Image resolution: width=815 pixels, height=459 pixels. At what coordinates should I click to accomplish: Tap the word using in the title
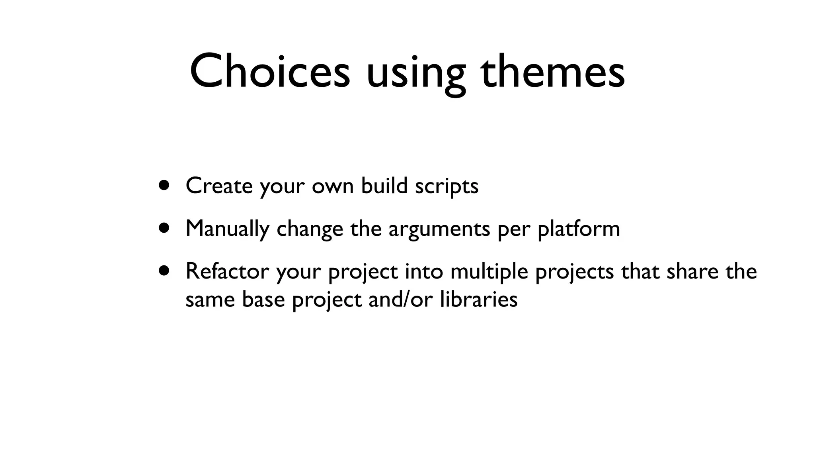(x=415, y=74)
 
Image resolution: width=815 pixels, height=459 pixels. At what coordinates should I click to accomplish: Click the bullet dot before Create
(x=164, y=185)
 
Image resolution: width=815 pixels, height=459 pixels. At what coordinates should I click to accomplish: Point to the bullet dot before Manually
(x=164, y=228)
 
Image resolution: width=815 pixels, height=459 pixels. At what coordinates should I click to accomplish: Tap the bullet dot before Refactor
(x=164, y=271)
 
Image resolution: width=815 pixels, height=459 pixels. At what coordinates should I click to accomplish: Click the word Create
(x=219, y=186)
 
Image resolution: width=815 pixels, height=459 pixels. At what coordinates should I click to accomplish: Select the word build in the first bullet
(x=384, y=186)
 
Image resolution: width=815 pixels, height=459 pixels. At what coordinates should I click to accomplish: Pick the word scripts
(x=446, y=186)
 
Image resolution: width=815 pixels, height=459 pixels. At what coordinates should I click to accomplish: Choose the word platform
(x=579, y=229)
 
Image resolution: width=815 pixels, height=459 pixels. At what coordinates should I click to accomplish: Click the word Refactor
(x=227, y=271)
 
